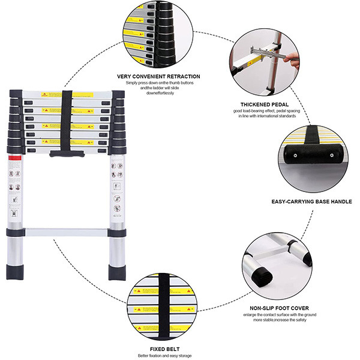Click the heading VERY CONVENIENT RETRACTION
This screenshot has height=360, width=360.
click(159, 76)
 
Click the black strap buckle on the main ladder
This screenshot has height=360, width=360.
click(66, 154)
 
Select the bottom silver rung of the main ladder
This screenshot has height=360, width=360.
click(66, 232)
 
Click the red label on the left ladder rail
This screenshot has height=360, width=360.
click(16, 157)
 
